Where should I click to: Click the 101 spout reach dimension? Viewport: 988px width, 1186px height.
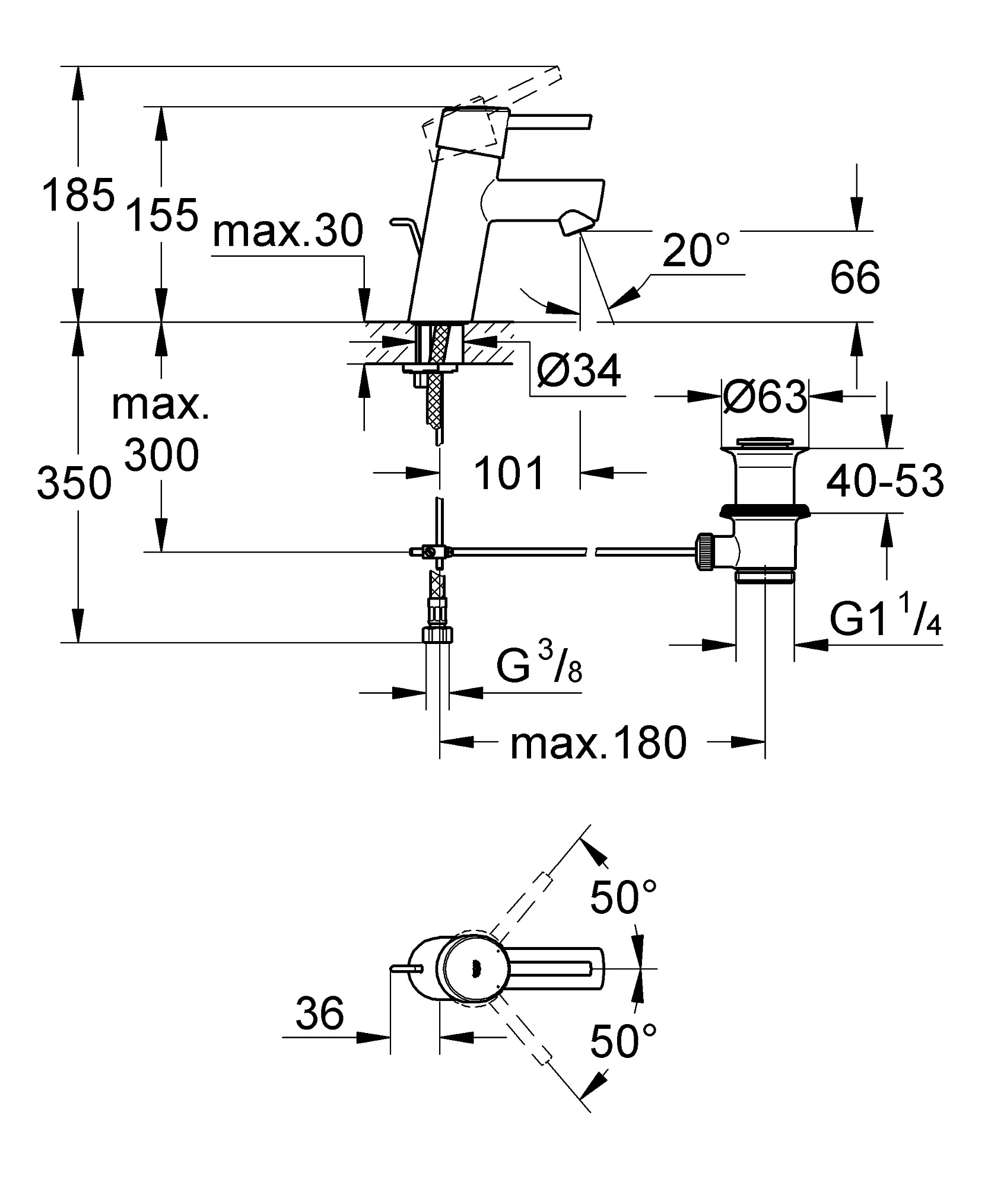pyautogui.click(x=509, y=473)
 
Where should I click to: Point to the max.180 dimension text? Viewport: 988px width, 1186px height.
pyautogui.click(x=598, y=744)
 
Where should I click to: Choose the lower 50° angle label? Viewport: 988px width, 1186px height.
pyautogui.click(x=624, y=1041)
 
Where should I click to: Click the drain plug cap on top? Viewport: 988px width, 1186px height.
pyautogui.click(x=764, y=442)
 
